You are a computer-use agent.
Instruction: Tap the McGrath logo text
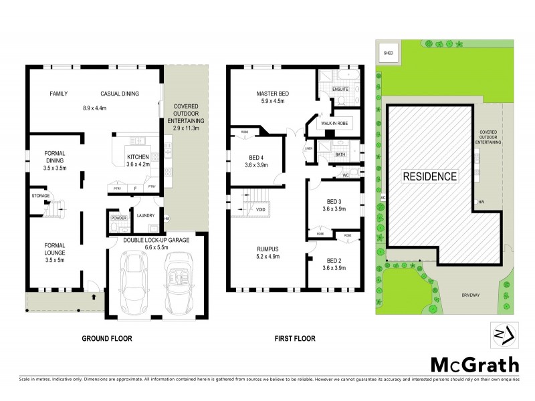tap(473, 364)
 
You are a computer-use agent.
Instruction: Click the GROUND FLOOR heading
tap(107, 339)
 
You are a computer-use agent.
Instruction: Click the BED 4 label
tap(255, 157)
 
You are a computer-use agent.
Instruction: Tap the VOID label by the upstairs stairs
tap(260, 210)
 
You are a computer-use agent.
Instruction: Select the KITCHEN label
tap(137, 158)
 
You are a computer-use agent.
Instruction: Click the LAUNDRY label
tap(145, 216)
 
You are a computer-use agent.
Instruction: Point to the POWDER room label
tap(119, 218)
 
